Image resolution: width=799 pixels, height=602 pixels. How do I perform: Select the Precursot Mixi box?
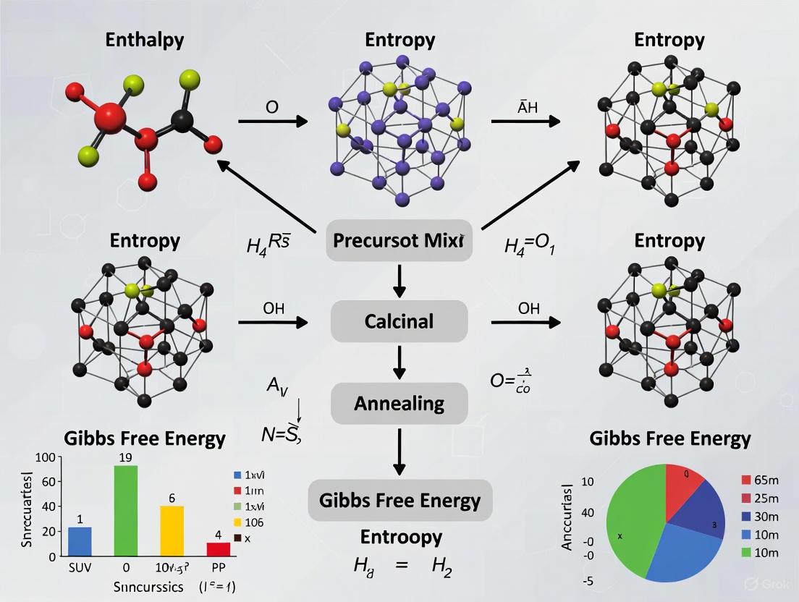click(399, 242)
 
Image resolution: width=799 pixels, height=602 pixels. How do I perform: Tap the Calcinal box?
click(399, 321)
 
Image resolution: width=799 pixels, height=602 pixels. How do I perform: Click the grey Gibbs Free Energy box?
click(399, 501)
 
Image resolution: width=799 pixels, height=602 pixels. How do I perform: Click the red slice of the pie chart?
click(684, 492)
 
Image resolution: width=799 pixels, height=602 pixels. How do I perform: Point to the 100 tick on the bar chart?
click(45, 457)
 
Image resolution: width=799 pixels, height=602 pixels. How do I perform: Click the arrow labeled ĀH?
click(525, 121)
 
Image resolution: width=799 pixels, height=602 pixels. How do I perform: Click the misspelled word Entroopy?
click(401, 537)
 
